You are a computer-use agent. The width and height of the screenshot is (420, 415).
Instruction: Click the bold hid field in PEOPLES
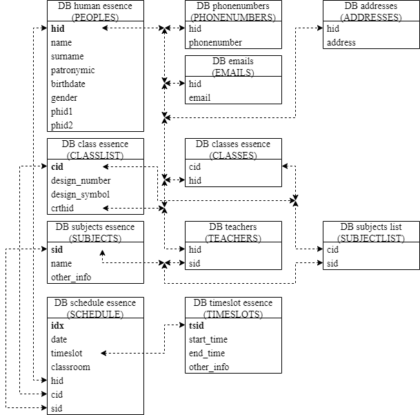tap(57, 29)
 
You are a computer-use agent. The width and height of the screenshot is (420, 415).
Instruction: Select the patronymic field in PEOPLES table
tap(72, 70)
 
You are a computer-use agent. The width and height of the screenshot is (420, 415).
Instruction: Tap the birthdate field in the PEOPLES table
tap(68, 84)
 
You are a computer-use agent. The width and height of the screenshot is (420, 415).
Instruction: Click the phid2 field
tap(61, 126)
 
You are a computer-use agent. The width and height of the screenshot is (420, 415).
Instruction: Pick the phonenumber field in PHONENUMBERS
tap(215, 43)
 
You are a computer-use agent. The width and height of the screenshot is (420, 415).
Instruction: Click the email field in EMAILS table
tap(199, 98)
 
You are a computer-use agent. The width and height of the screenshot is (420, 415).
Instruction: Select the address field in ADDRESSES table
tap(341, 43)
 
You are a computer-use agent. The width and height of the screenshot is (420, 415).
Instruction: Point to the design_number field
tap(80, 181)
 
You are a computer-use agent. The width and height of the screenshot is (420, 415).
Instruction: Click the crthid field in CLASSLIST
tap(62, 208)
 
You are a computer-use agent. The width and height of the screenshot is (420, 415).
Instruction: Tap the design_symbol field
tap(80, 195)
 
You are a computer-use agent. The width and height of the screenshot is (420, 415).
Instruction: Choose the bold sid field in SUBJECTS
tap(57, 250)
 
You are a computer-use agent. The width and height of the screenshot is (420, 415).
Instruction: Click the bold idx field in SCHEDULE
tap(57, 326)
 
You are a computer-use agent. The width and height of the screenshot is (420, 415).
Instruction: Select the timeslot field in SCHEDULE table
tap(66, 354)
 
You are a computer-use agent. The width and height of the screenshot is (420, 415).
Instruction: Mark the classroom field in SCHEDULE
tap(70, 367)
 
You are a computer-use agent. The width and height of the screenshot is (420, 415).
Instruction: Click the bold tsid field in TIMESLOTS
tap(197, 326)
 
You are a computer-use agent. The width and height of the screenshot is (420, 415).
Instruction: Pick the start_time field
tap(208, 340)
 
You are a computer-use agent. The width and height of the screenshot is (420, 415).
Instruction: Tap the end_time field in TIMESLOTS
tap(207, 354)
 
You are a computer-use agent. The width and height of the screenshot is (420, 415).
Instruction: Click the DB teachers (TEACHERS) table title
tap(233, 232)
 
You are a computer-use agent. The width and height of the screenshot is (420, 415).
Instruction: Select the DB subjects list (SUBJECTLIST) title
tap(371, 232)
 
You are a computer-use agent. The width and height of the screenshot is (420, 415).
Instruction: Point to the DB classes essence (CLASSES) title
tap(233, 149)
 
